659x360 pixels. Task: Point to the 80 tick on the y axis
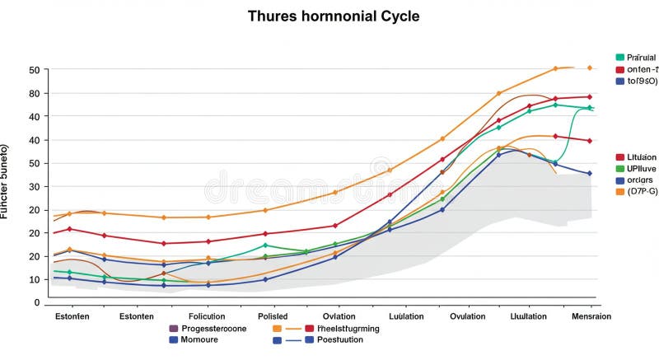pyautogui.click(x=35, y=93)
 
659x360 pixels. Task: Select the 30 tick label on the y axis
pyautogui.click(x=35, y=186)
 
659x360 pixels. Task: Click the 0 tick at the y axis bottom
pyautogui.click(x=37, y=302)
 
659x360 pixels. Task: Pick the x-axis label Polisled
pyautogui.click(x=272, y=316)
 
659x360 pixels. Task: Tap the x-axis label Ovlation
pyautogui.click(x=339, y=316)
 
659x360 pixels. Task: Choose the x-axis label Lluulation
pyautogui.click(x=528, y=316)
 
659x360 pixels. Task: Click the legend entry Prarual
pyautogui.click(x=641, y=57)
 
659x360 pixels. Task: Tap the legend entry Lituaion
pyautogui.click(x=641, y=157)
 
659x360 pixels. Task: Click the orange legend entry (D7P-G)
pyautogui.click(x=641, y=191)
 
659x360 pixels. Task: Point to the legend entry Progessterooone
pyautogui.click(x=213, y=328)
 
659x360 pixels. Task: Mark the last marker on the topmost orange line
pyautogui.click(x=589, y=68)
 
